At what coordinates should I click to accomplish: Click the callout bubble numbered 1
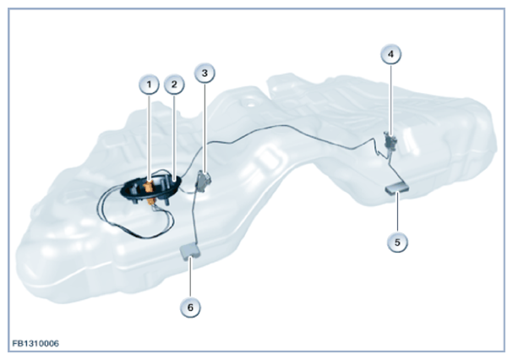(149, 85)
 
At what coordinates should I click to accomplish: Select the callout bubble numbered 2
(174, 85)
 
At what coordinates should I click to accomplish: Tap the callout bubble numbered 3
(205, 73)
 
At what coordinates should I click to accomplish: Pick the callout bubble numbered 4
(391, 54)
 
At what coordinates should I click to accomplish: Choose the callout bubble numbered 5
(397, 243)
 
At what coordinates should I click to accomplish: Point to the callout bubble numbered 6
(190, 308)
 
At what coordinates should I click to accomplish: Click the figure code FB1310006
(35, 343)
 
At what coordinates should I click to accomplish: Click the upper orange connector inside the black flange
(149, 186)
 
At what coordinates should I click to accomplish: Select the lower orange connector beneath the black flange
(151, 201)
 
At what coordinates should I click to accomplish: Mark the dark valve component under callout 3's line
(204, 180)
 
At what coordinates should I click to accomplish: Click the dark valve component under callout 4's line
(390, 140)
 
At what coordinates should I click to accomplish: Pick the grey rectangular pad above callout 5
(397, 188)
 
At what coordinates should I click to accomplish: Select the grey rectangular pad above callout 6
(190, 252)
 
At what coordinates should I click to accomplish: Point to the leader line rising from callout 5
(397, 212)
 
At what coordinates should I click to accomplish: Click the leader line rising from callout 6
(190, 277)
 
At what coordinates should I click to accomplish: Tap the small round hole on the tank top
(250, 106)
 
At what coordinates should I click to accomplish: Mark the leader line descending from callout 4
(391, 100)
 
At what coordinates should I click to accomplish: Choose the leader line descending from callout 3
(205, 128)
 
